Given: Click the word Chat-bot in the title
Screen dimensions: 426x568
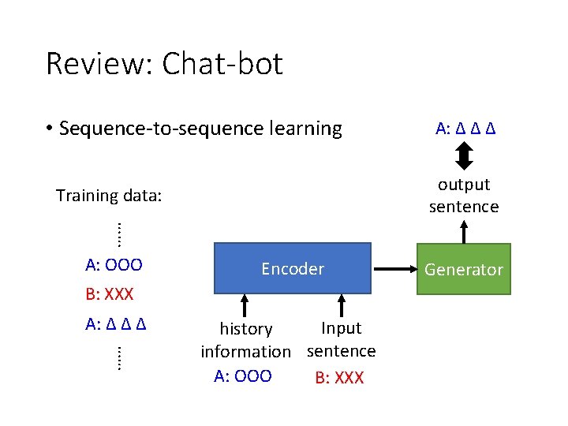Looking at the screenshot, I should point(222,64).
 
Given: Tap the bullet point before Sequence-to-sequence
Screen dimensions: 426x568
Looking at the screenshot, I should point(49,129).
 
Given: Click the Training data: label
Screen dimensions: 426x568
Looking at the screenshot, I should point(109,195).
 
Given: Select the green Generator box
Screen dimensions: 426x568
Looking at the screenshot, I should point(463,269).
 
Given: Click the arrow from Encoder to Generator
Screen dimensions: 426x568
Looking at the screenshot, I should point(394,269).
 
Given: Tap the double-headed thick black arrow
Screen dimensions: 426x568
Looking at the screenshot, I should point(464,155).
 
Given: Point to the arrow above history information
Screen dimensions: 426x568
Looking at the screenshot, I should point(245,305).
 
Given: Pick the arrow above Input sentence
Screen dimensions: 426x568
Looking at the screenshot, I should point(342,305).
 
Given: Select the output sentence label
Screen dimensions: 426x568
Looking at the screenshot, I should point(464,195).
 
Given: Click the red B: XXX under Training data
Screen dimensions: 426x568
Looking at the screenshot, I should point(110,295).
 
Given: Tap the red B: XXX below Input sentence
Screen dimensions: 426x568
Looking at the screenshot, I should point(339,378).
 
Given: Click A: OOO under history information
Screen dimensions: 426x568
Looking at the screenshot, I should point(243,376).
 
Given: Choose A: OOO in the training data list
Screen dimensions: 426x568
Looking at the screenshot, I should point(114,263).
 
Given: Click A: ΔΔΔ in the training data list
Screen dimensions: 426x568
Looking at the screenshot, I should point(118,323).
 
